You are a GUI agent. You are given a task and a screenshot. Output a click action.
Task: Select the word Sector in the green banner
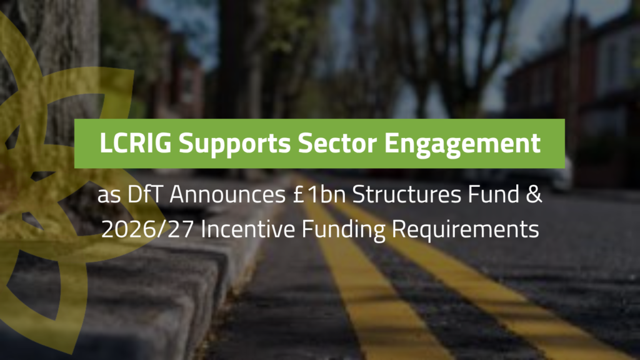(337, 143)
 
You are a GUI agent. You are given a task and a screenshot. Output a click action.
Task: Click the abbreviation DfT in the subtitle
(145, 194)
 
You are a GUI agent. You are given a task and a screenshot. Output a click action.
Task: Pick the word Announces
(227, 195)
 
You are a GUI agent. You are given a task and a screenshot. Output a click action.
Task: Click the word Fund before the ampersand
(493, 194)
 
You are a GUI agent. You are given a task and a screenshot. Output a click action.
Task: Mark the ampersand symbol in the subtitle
(534, 194)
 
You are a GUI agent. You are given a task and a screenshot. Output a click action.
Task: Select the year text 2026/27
(147, 229)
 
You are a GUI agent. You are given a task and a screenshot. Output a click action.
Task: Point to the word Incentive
(247, 229)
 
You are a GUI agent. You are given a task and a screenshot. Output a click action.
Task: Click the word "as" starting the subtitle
(109, 196)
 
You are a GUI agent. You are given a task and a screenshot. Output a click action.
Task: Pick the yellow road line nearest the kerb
(359, 277)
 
